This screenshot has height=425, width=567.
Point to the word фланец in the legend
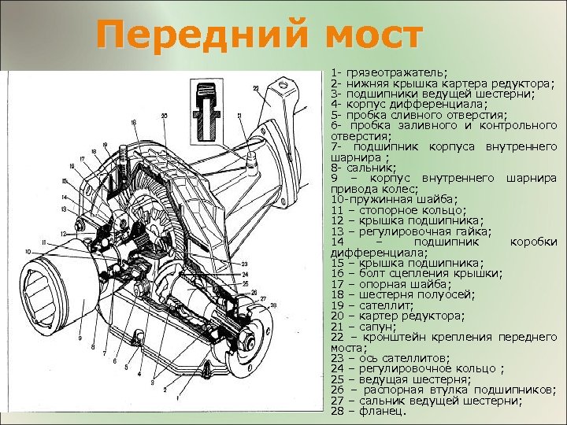380,411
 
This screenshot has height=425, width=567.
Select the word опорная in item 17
388,284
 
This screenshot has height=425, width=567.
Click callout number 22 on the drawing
255,88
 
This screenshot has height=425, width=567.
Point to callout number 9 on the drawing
80,339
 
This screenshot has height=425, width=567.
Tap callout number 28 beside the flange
273,305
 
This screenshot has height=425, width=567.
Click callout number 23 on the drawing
245,263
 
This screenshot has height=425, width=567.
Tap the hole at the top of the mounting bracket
284,83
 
